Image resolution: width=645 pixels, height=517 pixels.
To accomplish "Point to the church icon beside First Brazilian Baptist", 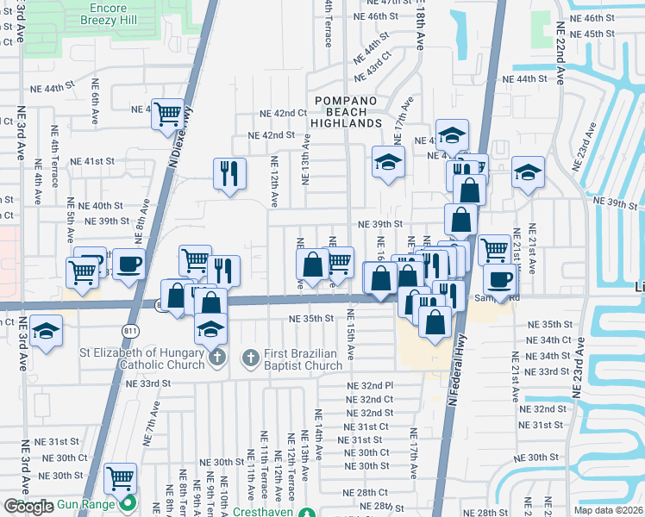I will click(x=250, y=357).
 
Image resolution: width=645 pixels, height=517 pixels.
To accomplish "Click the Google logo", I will click(x=28, y=506).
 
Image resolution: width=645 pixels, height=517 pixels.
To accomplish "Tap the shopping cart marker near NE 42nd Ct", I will click(x=168, y=114).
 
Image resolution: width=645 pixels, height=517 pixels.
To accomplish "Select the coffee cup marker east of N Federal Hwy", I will click(x=499, y=279).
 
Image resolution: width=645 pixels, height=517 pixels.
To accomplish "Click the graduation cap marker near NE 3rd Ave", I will click(x=45, y=331).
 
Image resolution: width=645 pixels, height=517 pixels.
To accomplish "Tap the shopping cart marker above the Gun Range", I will click(x=120, y=477).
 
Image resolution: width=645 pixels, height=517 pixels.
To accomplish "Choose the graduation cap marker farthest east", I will click(x=528, y=171).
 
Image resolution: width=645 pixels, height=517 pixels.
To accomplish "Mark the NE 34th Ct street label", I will click(x=542, y=340).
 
